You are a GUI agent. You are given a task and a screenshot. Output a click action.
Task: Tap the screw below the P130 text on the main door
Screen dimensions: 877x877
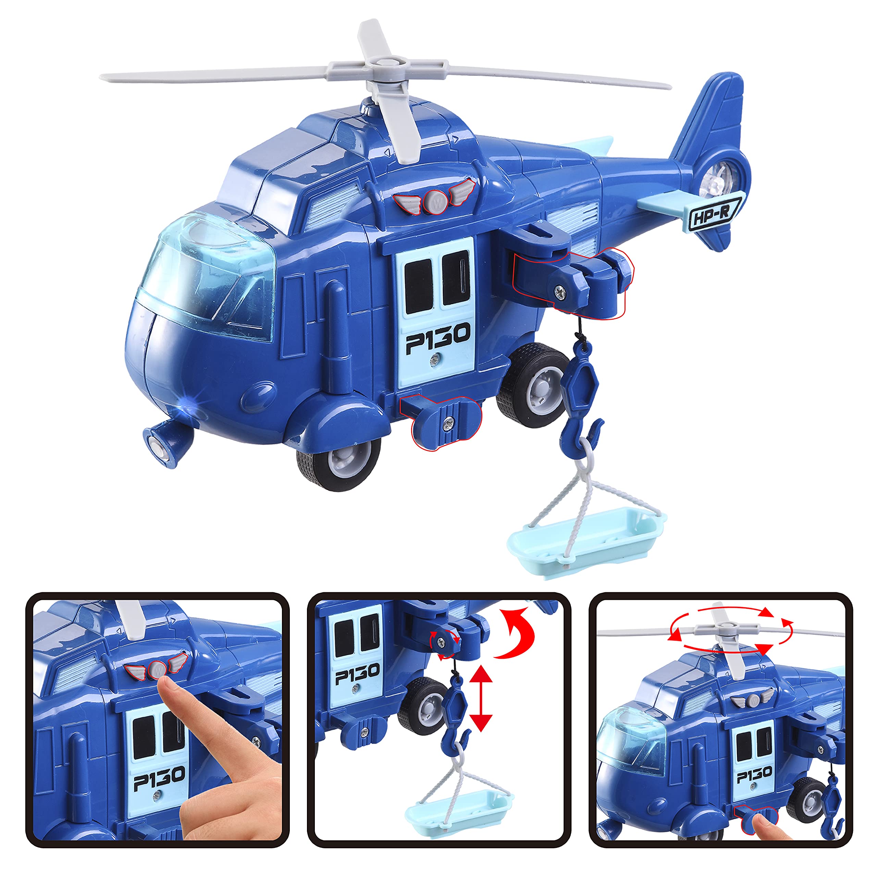click(x=435, y=360)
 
